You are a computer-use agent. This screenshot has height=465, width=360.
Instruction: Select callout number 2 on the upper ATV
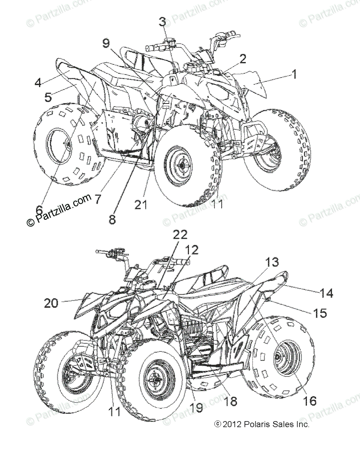pyautogui.click(x=243, y=59)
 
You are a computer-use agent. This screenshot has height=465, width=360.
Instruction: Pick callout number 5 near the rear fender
pyautogui.click(x=48, y=97)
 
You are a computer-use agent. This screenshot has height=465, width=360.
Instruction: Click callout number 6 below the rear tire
pyautogui.click(x=39, y=210)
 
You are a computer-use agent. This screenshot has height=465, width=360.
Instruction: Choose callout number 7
pyautogui.click(x=97, y=200)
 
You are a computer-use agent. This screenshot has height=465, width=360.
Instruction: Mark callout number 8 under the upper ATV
pyautogui.click(x=112, y=219)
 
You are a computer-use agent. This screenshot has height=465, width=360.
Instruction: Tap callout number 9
pyautogui.click(x=106, y=44)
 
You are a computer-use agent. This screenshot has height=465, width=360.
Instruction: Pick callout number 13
pyautogui.click(x=272, y=263)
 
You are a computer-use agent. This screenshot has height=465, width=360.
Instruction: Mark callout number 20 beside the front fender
pyautogui.click(x=52, y=302)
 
